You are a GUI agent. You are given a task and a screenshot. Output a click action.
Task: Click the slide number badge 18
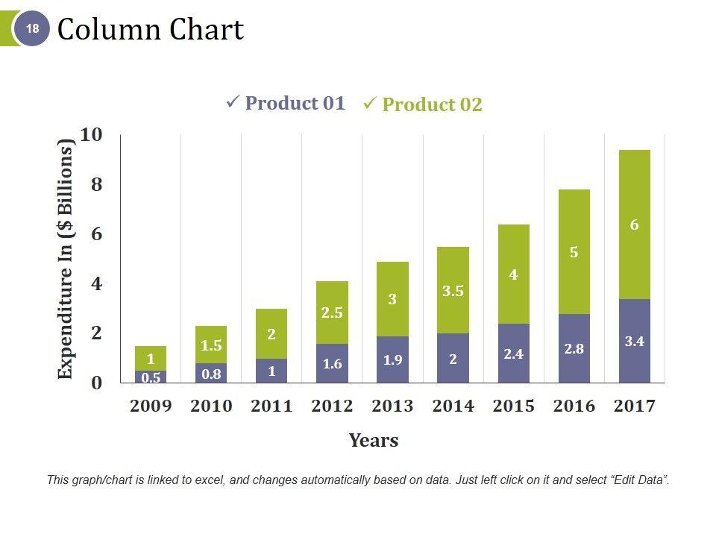point(32,30)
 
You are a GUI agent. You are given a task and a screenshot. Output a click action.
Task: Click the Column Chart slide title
point(150,30)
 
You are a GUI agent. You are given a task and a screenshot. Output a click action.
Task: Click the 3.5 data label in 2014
point(453,292)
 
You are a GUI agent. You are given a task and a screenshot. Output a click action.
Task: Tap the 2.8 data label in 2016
point(574,348)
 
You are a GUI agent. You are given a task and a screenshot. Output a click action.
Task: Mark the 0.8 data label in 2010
point(211,374)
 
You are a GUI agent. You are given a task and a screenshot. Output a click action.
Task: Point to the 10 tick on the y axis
point(91,135)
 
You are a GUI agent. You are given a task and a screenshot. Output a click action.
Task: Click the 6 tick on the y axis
point(96,234)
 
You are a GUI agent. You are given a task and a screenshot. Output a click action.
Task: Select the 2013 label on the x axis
point(392,406)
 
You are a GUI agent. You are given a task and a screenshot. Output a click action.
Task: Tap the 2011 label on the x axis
point(271,406)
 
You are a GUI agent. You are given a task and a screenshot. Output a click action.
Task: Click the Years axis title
point(373,441)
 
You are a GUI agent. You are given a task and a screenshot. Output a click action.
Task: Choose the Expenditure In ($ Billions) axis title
point(66,259)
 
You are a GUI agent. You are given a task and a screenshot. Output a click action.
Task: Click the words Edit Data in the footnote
point(638,480)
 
